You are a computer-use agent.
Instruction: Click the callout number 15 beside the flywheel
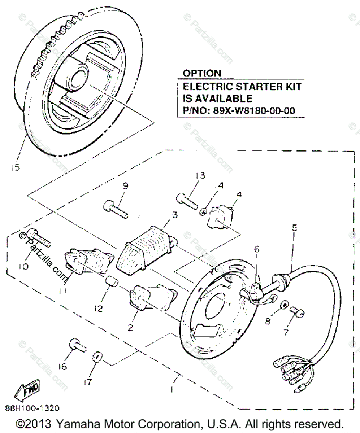point(15,167)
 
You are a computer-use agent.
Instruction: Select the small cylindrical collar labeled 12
point(111,281)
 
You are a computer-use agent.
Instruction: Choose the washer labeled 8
point(285,305)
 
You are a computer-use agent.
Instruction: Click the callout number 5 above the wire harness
point(294,228)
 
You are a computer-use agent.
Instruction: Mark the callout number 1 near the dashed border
point(172,390)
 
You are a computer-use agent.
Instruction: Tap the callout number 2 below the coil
point(130,328)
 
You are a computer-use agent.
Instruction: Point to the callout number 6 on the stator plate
point(256,249)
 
